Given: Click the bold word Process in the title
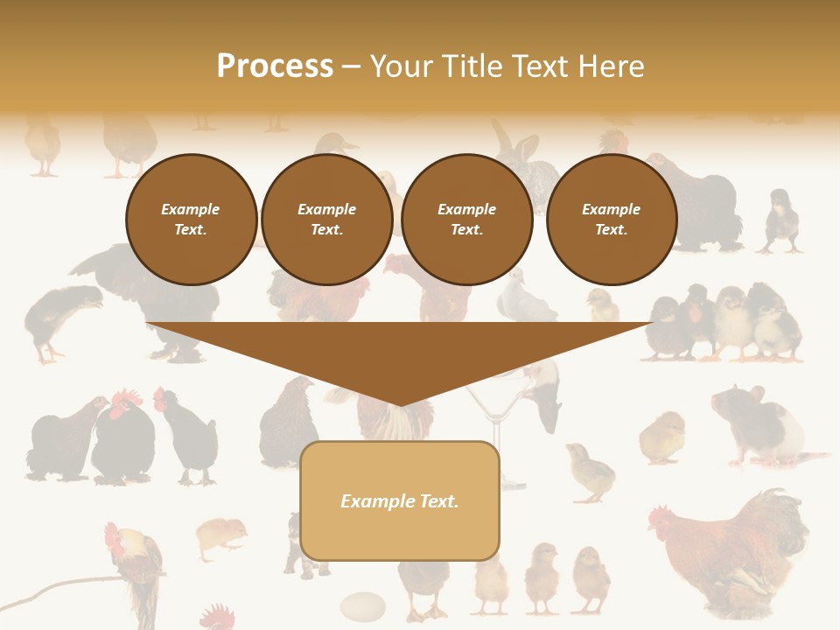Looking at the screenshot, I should coord(275,66).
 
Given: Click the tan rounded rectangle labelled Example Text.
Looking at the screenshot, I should coord(400,500).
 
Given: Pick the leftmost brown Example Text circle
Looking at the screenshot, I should coord(191,220).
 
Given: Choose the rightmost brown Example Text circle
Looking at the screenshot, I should coord(611,220).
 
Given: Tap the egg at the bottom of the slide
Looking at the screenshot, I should coord(362,605).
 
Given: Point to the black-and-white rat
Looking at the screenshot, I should coord(757,424).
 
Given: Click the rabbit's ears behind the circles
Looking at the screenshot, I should coord(504,140).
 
